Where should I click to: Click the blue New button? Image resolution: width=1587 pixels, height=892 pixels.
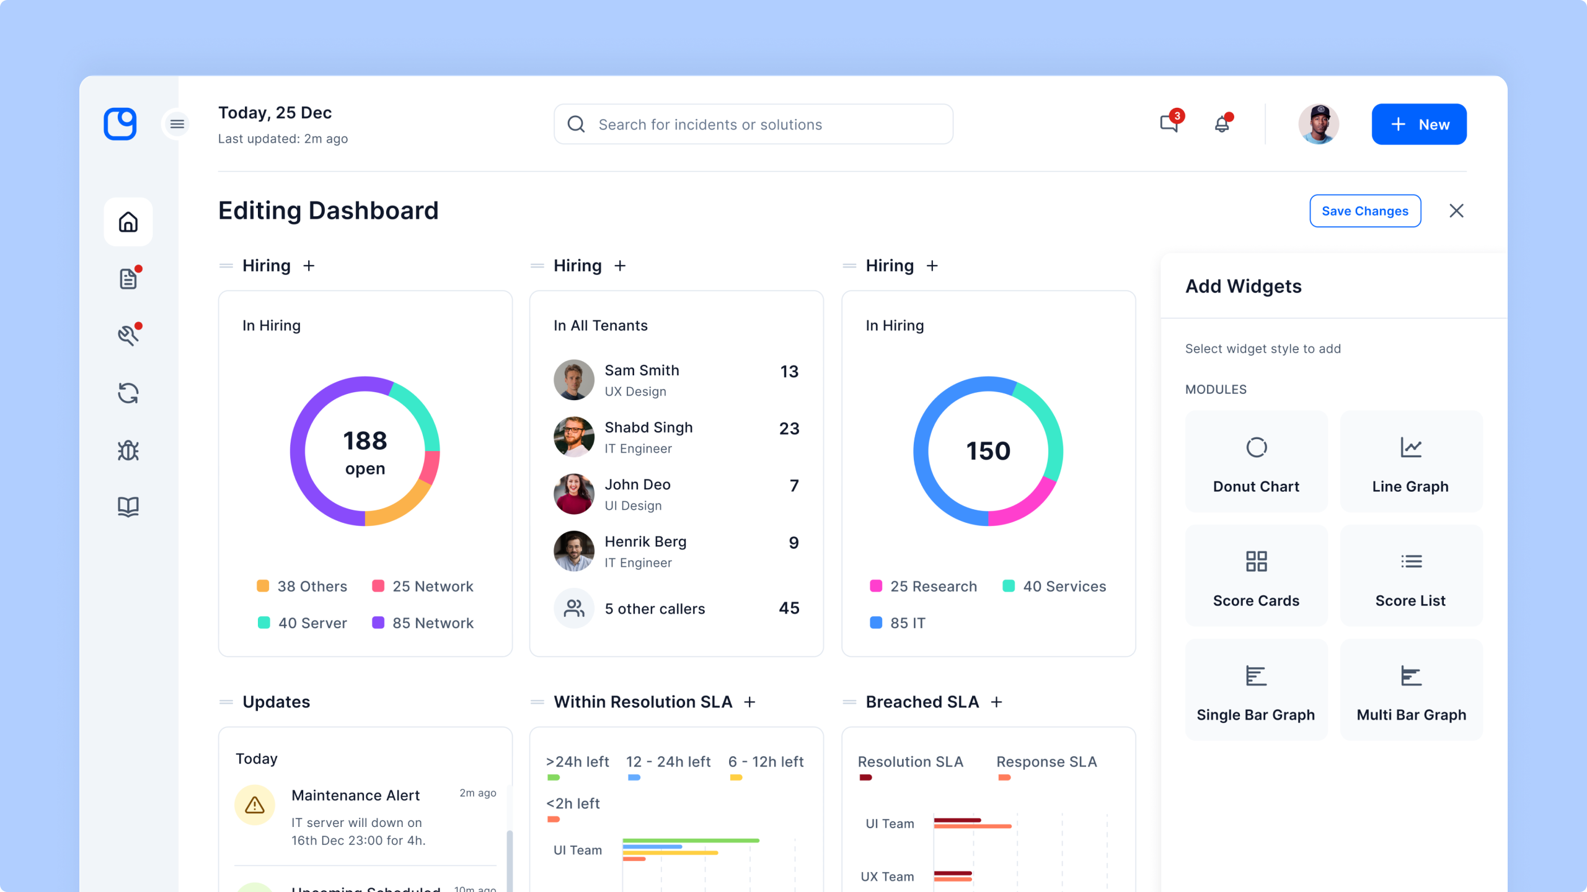point(1419,125)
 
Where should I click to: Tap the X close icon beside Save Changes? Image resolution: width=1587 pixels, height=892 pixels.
point(1456,211)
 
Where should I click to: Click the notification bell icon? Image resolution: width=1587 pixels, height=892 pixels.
point(1222,124)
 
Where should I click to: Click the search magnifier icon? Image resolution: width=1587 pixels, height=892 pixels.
point(576,125)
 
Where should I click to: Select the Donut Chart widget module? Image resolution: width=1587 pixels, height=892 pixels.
point(1256,461)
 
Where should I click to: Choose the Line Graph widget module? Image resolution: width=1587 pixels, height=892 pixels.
point(1411,461)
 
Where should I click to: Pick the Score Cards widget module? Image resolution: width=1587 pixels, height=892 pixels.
point(1256,575)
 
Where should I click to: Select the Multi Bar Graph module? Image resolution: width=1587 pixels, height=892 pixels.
point(1411,689)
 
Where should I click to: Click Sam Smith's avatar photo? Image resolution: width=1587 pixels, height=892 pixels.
point(574,380)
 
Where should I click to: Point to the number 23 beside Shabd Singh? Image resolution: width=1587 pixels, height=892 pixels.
point(789,429)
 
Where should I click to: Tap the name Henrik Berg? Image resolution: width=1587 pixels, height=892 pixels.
point(645,541)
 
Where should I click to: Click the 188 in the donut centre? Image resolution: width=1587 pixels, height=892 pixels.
point(365,441)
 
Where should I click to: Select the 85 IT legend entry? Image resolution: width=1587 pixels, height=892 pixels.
point(898,623)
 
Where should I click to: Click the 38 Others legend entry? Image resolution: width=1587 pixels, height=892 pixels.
point(302,586)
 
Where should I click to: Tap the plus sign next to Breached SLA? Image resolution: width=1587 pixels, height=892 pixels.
point(996,702)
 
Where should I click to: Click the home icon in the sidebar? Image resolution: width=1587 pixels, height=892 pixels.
point(128,222)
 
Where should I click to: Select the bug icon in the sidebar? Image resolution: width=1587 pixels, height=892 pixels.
point(128,450)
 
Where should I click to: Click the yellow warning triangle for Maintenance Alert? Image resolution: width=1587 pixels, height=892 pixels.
point(254,805)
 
